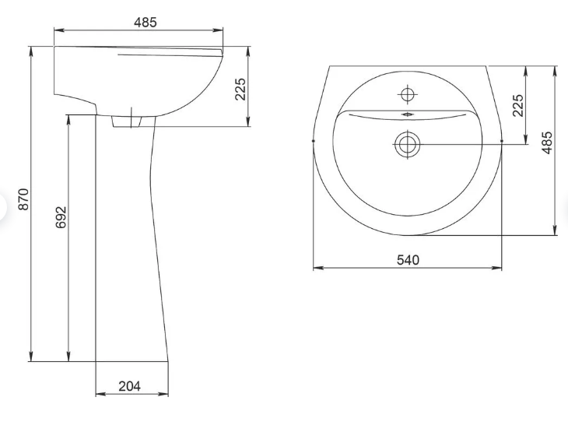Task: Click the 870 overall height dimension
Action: coord(23,199)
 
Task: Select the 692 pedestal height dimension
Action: coord(61,217)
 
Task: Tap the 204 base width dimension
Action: coord(129,386)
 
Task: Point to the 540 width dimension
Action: coord(408,260)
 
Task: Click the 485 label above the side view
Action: coord(146,23)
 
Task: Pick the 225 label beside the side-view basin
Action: coord(240,89)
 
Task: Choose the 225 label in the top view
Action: coord(518,105)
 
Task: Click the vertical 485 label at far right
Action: coord(547,142)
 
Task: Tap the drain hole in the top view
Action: coord(408,144)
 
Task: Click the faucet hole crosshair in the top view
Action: coord(408,95)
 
